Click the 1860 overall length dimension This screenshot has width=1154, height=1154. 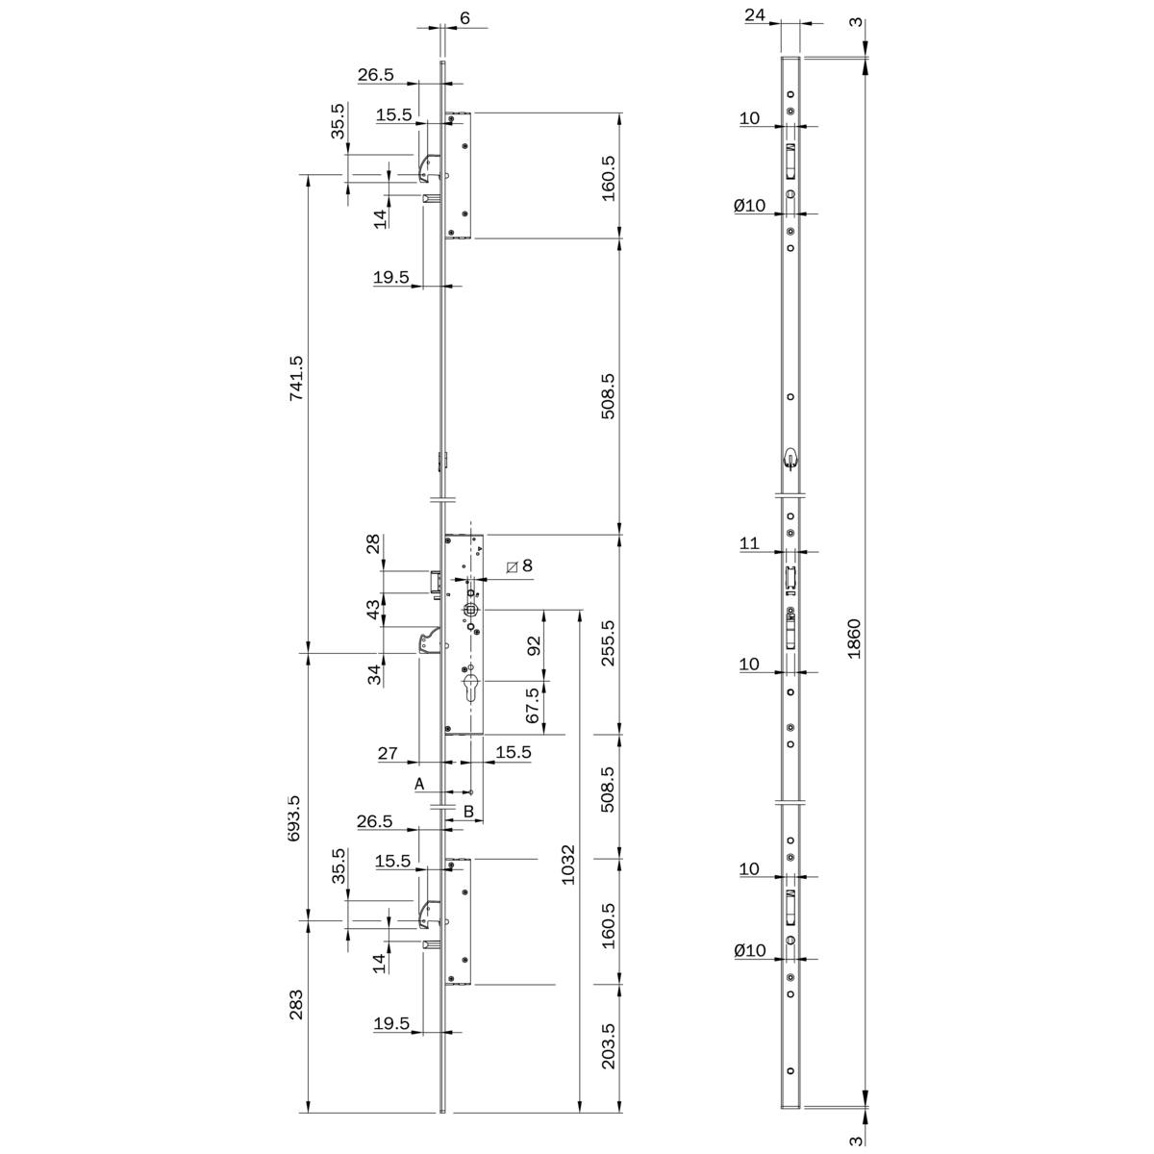point(853,639)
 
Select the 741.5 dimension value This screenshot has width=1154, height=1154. point(296,378)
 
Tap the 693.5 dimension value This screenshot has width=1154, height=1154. point(294,818)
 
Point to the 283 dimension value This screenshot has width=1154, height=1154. point(296,1004)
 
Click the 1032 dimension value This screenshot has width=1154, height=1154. point(567,865)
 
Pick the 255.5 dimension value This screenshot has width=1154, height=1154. point(608,643)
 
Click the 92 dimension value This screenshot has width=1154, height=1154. point(534,645)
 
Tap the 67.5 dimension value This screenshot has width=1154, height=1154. point(533,705)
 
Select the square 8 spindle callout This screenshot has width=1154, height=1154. point(519,565)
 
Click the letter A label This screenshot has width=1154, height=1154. point(419,784)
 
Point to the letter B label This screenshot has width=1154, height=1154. point(469,812)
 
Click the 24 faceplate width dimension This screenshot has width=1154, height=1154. point(755,14)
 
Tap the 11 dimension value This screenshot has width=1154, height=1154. point(749,543)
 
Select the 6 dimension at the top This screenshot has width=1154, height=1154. point(465,18)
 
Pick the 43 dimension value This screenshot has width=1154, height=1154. point(374,610)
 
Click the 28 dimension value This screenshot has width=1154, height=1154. point(374,543)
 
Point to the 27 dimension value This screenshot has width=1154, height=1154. point(388,753)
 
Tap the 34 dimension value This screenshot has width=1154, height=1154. point(374,674)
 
